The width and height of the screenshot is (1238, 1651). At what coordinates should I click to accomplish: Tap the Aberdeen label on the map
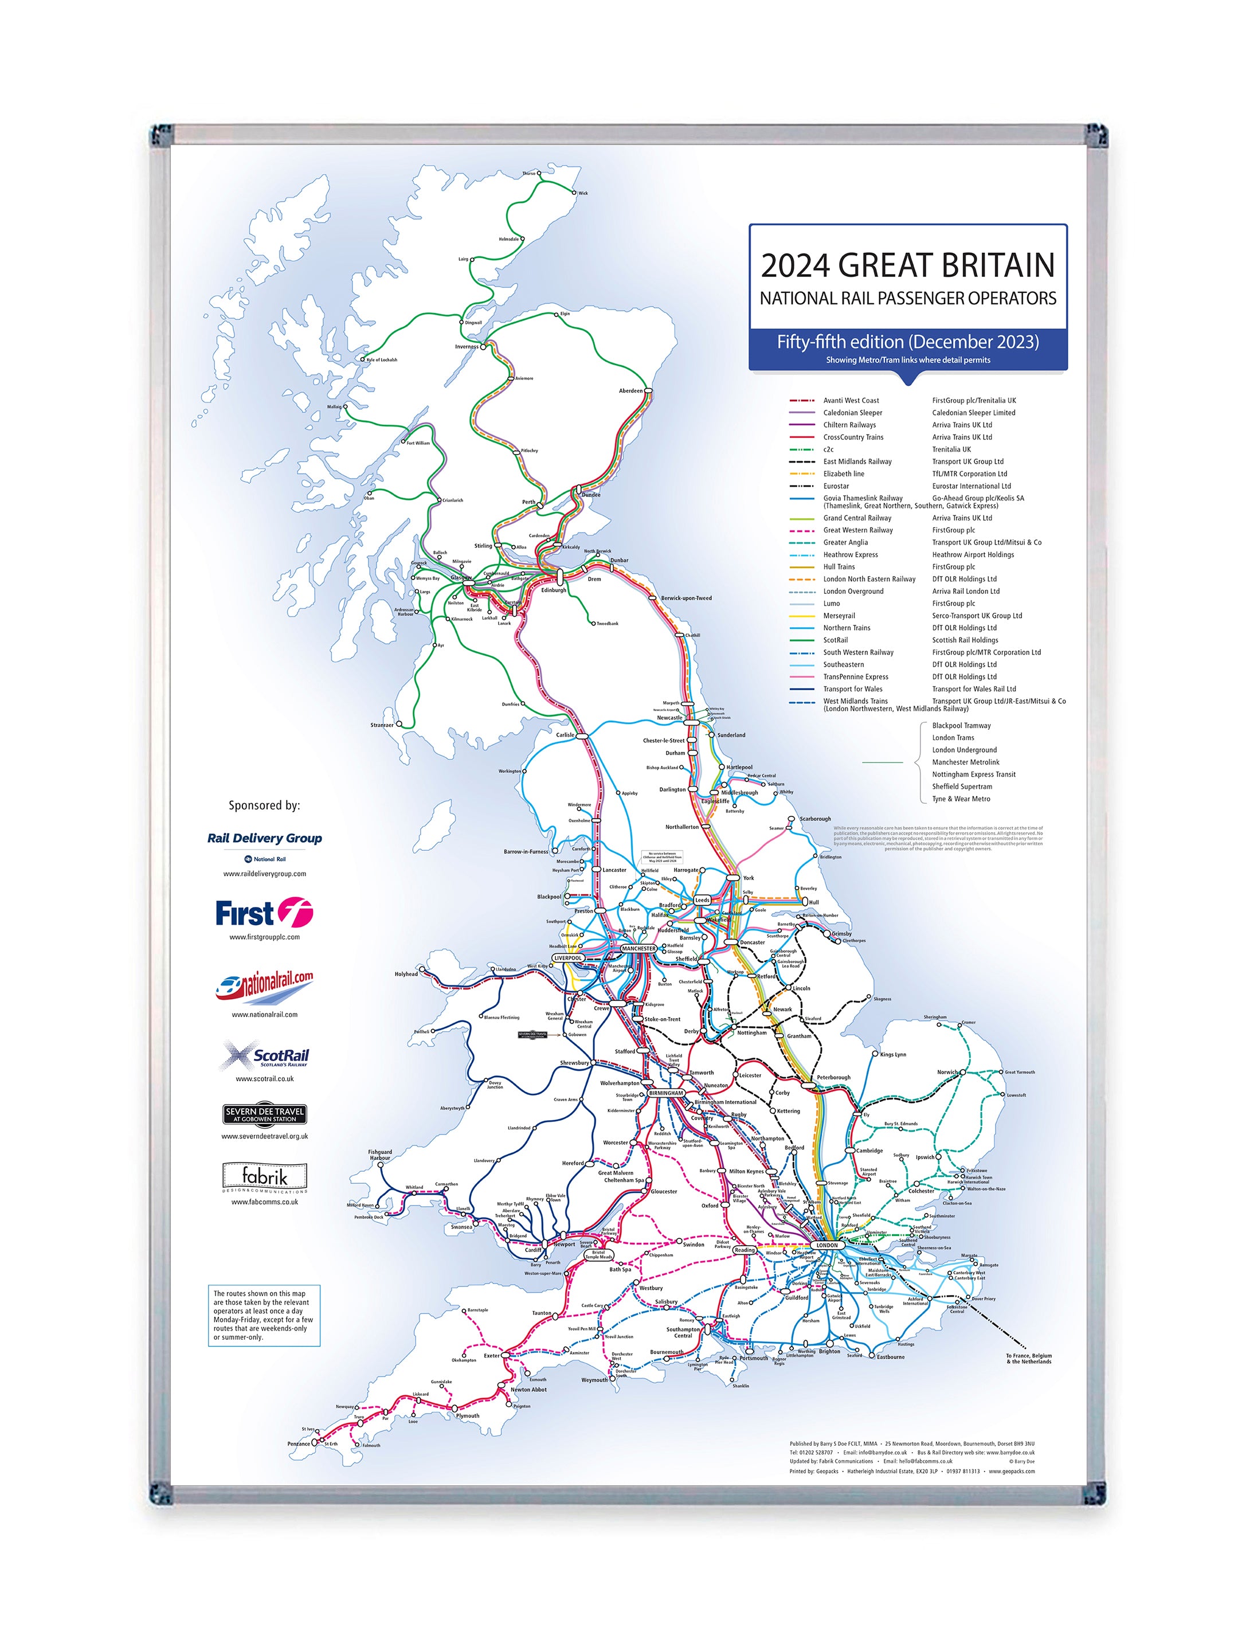tap(630, 390)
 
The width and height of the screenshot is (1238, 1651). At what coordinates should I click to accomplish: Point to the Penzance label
tap(299, 1443)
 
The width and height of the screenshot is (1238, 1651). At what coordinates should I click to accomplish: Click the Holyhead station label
tap(406, 973)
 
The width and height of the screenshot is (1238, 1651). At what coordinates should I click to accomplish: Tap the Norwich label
tap(946, 1072)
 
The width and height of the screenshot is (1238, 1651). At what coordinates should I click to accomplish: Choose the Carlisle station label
tap(565, 734)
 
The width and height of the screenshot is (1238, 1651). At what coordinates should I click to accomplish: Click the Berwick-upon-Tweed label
tap(686, 598)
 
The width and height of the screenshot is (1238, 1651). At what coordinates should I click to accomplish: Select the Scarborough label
tap(815, 819)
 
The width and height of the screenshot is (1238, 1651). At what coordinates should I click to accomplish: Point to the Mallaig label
tap(334, 407)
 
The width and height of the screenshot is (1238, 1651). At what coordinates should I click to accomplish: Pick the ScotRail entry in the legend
tap(835, 640)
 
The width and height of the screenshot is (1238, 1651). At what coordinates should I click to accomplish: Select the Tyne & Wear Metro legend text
tap(961, 799)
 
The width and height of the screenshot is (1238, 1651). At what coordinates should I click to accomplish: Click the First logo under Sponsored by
tap(264, 913)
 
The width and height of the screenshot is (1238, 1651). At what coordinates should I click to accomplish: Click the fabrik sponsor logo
tap(264, 1177)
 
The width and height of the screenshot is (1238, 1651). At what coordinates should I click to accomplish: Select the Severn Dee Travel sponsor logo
tap(264, 1114)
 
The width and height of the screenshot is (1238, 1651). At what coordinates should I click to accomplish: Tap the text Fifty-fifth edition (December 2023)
tap(907, 342)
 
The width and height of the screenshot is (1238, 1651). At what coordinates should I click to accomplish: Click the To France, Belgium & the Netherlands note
tap(1028, 1359)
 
